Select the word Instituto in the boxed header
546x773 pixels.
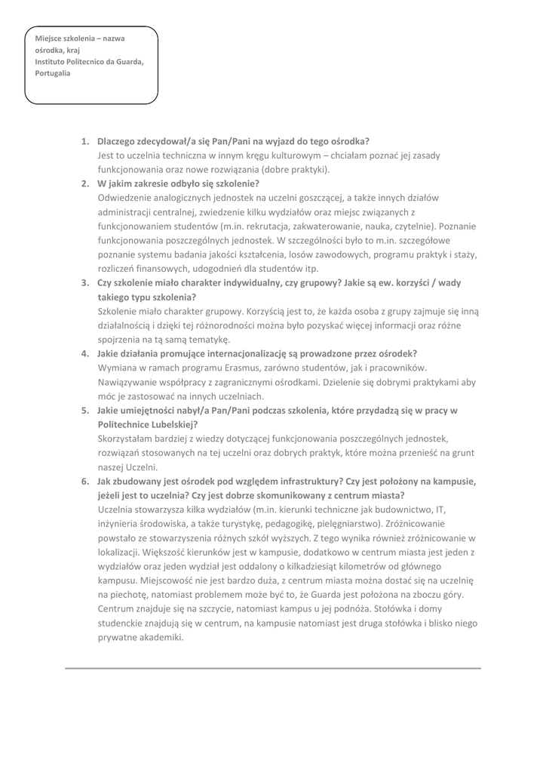click(x=52, y=61)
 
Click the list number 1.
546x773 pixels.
click(x=84, y=141)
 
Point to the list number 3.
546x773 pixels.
click(x=84, y=283)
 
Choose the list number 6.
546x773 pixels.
click(x=84, y=481)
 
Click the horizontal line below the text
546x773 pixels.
click(x=273, y=668)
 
